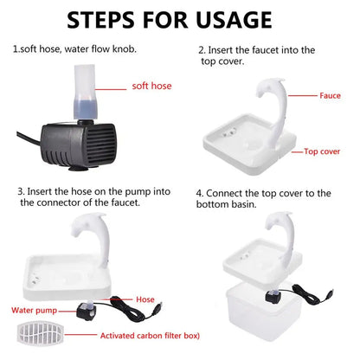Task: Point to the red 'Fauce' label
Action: (330, 96)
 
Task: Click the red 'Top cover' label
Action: (322, 151)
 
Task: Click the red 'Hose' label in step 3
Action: (145, 299)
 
